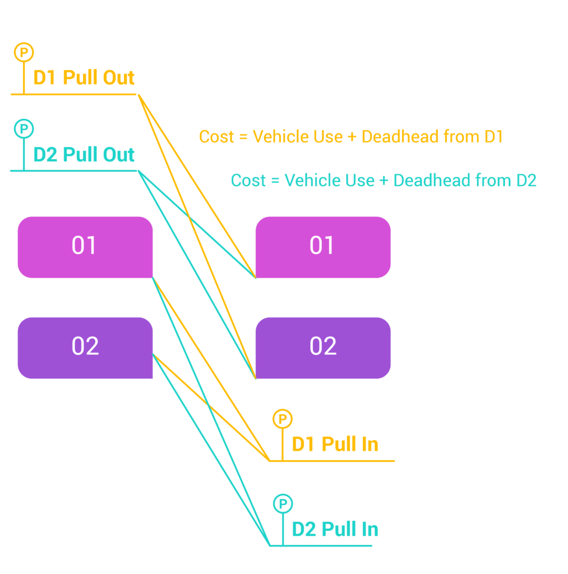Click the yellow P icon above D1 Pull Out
[x=24, y=53]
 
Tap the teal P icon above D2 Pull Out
[x=24, y=129]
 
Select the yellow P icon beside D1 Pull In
[x=282, y=419]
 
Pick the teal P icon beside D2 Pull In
[x=283, y=503]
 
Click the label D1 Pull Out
[x=84, y=77]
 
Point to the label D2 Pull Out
[x=84, y=154]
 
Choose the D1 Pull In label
[x=335, y=445]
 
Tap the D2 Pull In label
[x=335, y=529]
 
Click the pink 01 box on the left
[x=85, y=247]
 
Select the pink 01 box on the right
[x=322, y=247]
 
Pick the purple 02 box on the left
[x=85, y=347]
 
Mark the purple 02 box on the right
[x=322, y=347]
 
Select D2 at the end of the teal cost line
[x=525, y=180]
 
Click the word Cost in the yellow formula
[x=216, y=137]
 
